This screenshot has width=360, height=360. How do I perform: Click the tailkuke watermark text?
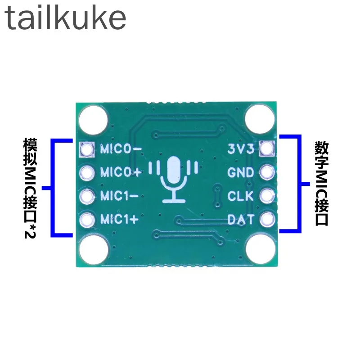point(65,18)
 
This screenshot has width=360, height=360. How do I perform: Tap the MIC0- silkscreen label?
point(121,149)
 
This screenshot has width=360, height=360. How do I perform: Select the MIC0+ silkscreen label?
point(121,172)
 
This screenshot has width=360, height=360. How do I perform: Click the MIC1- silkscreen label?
point(119,196)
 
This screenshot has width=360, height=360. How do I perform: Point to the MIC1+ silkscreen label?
point(119,219)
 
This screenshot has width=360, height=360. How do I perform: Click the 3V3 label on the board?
point(241,149)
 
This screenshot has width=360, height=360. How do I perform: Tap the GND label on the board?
point(241,172)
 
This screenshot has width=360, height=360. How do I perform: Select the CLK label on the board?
point(241,196)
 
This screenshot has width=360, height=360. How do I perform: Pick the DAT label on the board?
point(241,219)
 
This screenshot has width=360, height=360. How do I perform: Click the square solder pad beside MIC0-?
point(87,149)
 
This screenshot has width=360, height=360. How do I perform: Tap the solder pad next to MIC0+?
point(87,173)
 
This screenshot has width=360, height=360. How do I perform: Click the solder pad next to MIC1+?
point(87,220)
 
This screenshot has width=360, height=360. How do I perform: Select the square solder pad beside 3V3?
point(267,148)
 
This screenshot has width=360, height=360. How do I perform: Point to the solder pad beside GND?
point(267,172)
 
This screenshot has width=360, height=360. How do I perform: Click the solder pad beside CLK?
point(267,196)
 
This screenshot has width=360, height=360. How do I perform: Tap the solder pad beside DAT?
point(267,219)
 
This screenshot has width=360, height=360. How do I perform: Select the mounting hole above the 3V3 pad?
point(260,119)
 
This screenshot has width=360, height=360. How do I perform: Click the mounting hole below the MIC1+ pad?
point(94,250)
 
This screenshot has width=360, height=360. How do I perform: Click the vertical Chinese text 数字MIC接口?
point(322,184)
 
